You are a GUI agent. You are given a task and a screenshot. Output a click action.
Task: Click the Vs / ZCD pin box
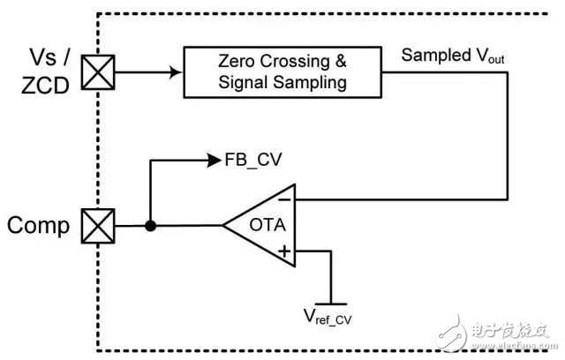93,73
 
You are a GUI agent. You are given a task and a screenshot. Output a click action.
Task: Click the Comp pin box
93,226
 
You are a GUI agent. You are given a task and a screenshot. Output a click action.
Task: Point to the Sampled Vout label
446,55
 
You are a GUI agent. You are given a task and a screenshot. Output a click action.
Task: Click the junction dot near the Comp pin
150,226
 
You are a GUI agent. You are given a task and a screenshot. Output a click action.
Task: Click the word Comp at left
39,226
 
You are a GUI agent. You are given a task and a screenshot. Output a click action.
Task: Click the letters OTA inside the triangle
267,226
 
